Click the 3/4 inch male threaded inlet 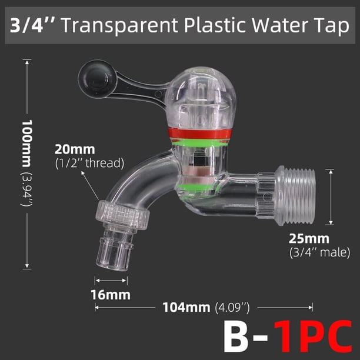[x=296, y=196]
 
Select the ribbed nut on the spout [x=122, y=215]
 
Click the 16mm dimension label [x=111, y=295]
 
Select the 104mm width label [x=186, y=307]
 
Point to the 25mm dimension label [x=309, y=239]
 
